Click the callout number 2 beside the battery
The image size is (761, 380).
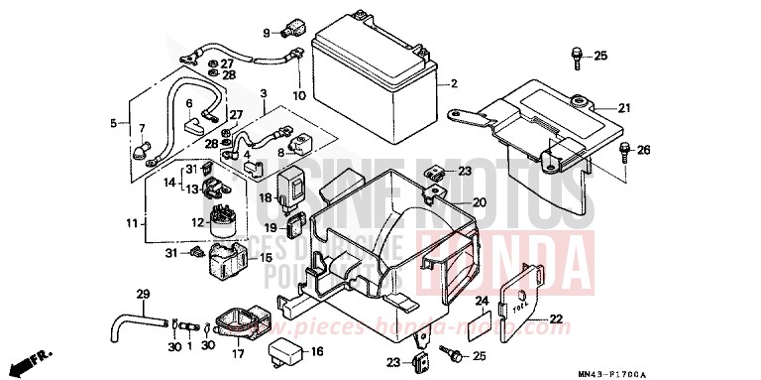point(453,82)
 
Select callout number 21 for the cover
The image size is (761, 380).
point(624,108)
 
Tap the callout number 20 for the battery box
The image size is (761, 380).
point(479,202)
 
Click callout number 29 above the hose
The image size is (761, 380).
point(142,295)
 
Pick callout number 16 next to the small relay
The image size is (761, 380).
point(317,351)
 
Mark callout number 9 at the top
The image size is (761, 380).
point(267,33)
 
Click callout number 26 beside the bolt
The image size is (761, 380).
point(643,151)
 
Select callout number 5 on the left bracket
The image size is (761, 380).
point(113,123)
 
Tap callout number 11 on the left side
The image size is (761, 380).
point(132,225)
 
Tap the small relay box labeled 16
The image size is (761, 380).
point(284,351)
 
